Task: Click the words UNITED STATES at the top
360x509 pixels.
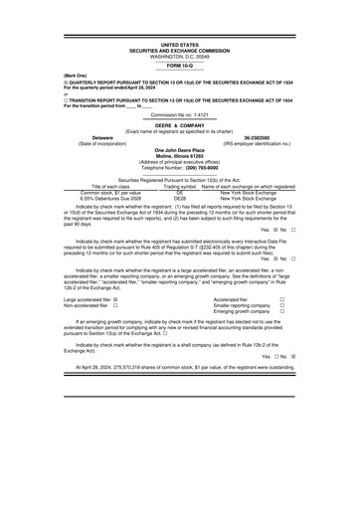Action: [x=179, y=46]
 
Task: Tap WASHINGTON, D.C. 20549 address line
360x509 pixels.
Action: [x=179, y=57]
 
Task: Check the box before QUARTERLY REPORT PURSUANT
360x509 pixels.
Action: [x=37, y=87]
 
